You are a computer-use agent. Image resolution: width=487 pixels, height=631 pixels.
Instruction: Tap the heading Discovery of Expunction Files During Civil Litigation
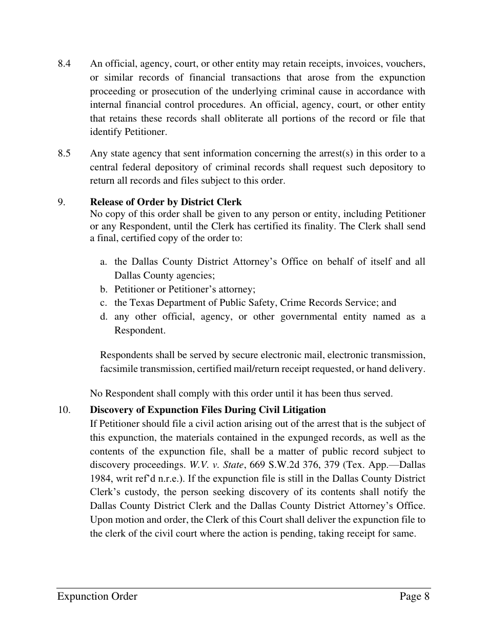(208, 410)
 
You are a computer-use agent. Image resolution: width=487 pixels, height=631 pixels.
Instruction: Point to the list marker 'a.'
(104, 262)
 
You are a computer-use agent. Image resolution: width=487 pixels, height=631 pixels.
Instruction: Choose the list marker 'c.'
(104, 303)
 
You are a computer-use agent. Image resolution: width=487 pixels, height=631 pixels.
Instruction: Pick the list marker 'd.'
(104, 317)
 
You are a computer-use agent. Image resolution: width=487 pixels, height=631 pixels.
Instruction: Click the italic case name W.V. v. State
(216, 465)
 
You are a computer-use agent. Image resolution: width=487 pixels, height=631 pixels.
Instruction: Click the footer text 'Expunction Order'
(97, 596)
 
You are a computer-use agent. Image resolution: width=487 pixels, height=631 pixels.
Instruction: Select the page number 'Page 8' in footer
(414, 596)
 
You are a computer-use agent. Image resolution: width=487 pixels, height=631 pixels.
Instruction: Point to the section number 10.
(64, 410)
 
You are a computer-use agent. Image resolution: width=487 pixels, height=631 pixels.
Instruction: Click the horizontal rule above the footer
(243, 588)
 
